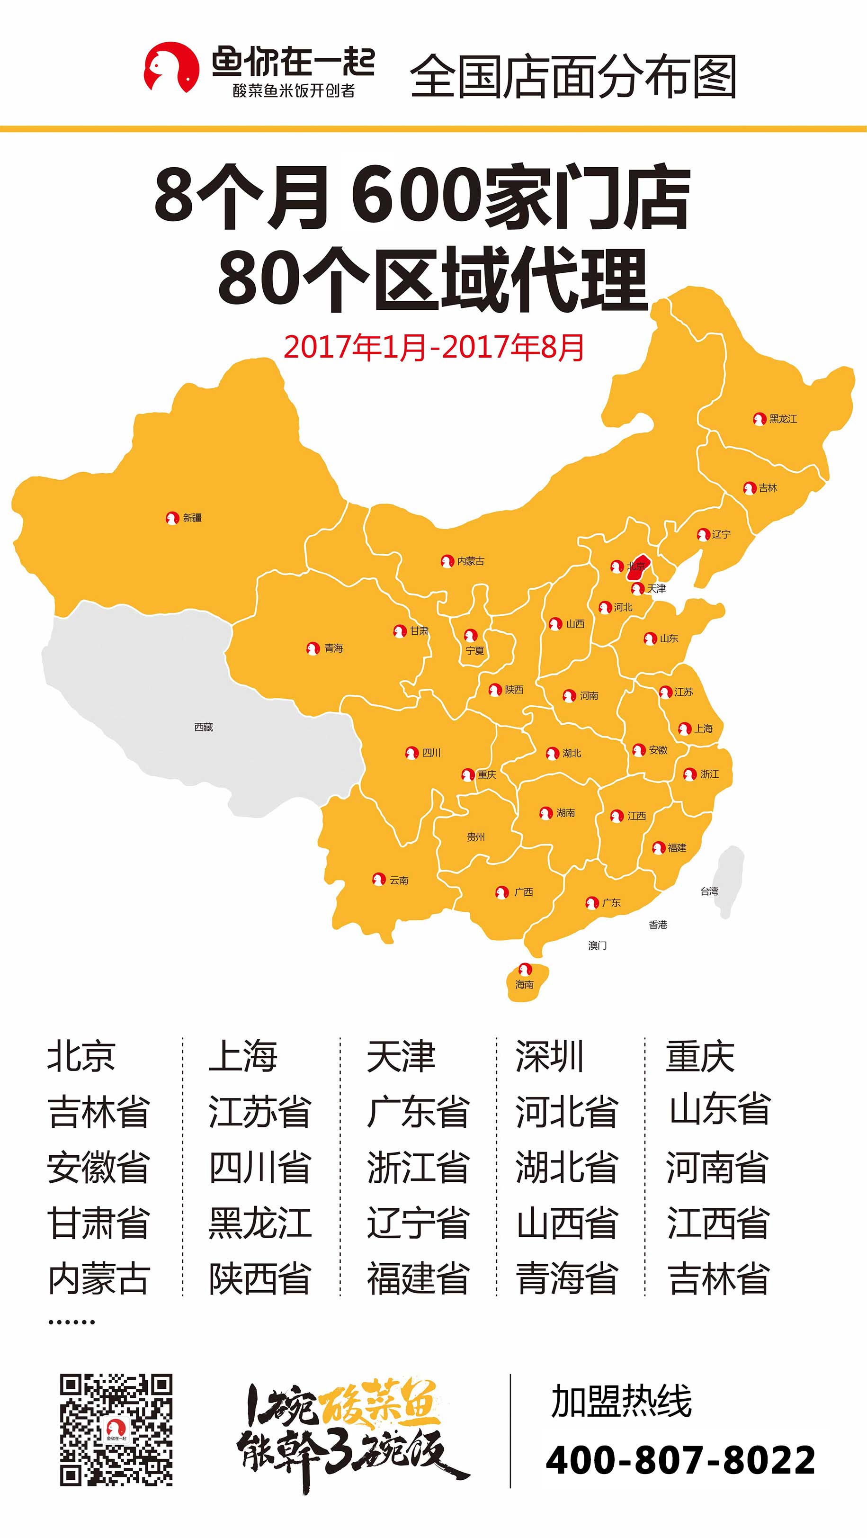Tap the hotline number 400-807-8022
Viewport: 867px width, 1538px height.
pyautogui.click(x=680, y=1460)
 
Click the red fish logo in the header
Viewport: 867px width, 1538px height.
pyautogui.click(x=171, y=67)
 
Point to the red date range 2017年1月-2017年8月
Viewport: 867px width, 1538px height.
pyautogui.click(x=434, y=347)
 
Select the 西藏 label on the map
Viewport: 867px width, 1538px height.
pyautogui.click(x=204, y=727)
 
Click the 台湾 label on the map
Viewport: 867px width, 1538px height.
pyautogui.click(x=709, y=891)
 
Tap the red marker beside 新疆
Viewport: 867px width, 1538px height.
pyautogui.click(x=172, y=518)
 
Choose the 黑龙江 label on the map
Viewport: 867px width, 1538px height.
pyautogui.click(x=783, y=419)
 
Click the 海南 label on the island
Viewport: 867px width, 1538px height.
pyautogui.click(x=525, y=985)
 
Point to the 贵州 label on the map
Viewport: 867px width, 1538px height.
pyautogui.click(x=475, y=837)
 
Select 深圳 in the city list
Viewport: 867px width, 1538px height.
pyautogui.click(x=549, y=1056)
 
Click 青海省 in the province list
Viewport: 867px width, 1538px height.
pyautogui.click(x=566, y=1279)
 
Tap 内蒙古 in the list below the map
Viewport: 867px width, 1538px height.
pyautogui.click(x=98, y=1279)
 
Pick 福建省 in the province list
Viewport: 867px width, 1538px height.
pyautogui.click(x=418, y=1279)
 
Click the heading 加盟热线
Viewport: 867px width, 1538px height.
pyautogui.click(x=621, y=1401)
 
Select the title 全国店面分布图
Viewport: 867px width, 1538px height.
pyautogui.click(x=573, y=76)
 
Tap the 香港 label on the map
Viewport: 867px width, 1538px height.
pyautogui.click(x=658, y=925)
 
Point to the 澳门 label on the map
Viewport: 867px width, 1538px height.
pyautogui.click(x=597, y=945)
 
